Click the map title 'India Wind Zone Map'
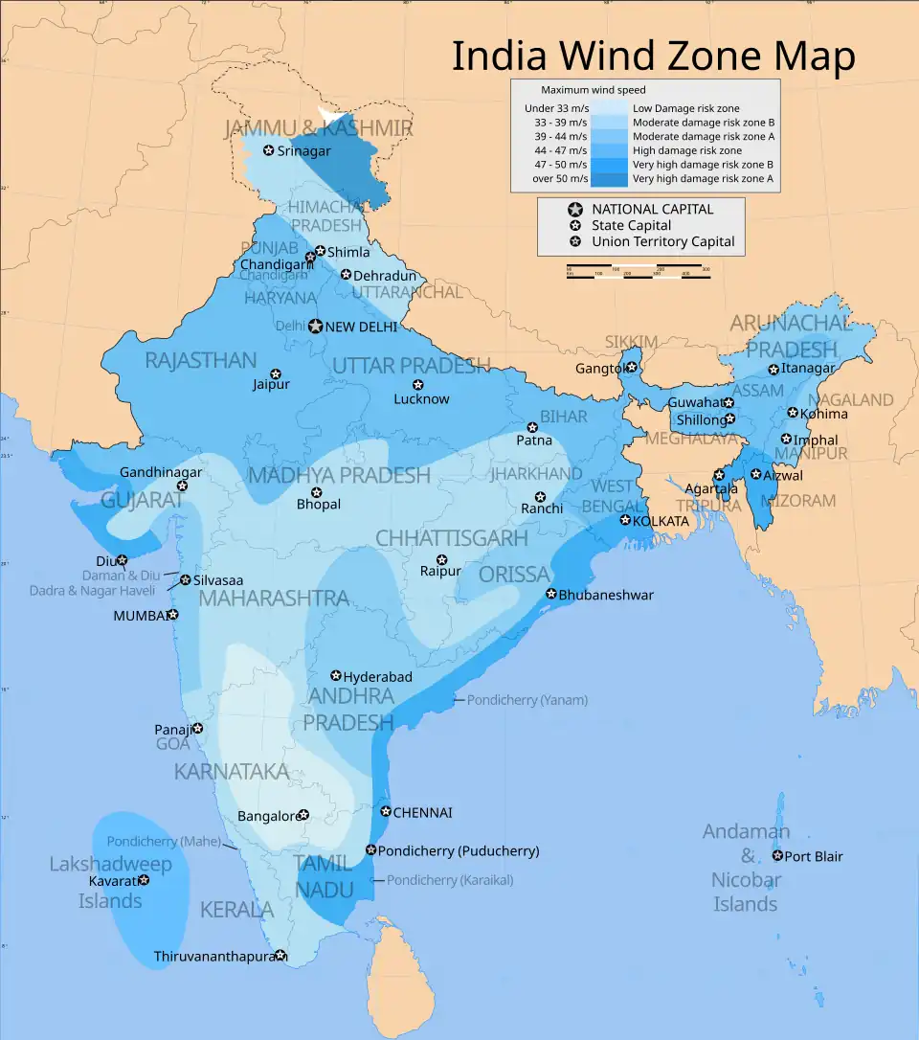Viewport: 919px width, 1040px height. [x=653, y=57]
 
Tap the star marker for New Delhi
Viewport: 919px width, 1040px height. [x=315, y=327]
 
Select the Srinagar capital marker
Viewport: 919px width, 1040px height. [x=269, y=151]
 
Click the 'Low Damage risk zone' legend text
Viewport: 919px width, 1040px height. [x=685, y=109]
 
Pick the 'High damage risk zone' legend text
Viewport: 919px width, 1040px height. [x=686, y=151]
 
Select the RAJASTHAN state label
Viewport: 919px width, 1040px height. [x=200, y=361]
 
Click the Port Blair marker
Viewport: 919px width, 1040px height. [x=777, y=856]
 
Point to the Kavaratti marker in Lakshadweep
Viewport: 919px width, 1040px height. [x=144, y=880]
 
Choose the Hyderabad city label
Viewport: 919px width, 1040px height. [x=377, y=677]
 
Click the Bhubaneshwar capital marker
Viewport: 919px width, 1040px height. [x=551, y=595]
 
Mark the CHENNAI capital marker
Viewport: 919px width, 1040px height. [x=386, y=812]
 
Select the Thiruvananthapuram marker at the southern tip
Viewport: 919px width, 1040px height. [x=280, y=956]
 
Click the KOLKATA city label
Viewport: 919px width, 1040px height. [x=660, y=521]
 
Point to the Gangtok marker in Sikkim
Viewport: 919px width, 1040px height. [x=632, y=368]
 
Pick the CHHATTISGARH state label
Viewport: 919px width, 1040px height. [x=451, y=538]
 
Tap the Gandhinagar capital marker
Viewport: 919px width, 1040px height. [x=183, y=486]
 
